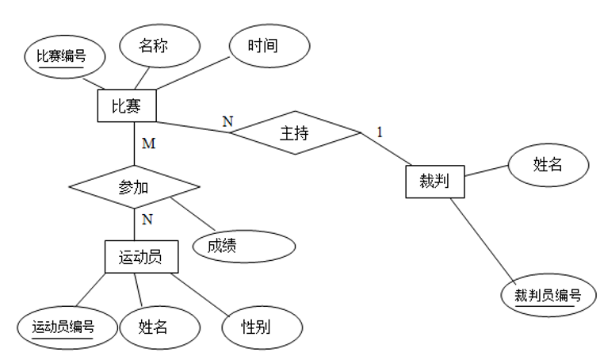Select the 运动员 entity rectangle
[x=140, y=257]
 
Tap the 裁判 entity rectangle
[x=434, y=181]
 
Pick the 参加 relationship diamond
[x=134, y=187]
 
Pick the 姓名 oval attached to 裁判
[x=548, y=165]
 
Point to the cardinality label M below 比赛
[x=147, y=144]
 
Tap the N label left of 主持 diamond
[x=227, y=121]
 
